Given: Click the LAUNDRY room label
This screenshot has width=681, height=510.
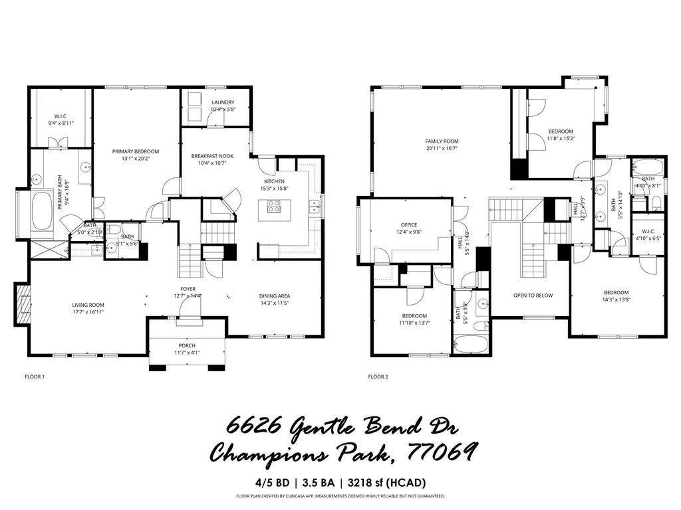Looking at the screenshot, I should [223, 102].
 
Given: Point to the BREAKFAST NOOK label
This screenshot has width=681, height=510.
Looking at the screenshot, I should [210, 156].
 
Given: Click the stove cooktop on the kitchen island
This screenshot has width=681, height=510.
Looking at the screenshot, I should [274, 208].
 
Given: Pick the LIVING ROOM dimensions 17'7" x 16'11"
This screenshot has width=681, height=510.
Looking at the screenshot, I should [88, 311].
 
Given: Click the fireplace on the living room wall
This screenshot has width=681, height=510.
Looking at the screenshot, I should [23, 303].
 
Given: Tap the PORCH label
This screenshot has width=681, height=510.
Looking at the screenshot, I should [187, 345].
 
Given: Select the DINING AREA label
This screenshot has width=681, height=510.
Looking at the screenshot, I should [275, 296].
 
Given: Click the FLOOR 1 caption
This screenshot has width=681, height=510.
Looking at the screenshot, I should [35, 377].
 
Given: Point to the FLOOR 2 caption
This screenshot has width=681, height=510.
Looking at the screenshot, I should [378, 377].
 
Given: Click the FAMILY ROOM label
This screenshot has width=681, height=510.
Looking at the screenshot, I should [442, 141].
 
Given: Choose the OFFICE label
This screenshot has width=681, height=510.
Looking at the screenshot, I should [408, 224].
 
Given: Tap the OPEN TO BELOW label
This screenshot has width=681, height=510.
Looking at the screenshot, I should [533, 296].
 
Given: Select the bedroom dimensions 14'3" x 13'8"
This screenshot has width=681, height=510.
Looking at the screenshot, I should [616, 300].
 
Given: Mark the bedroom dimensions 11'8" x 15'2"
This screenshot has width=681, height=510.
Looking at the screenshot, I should [561, 139].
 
